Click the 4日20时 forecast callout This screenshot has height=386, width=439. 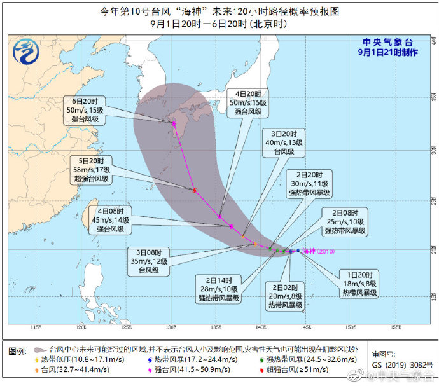coord(249,102)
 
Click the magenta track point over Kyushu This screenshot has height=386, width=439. coord(174,123)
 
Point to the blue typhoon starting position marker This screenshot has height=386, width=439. coord(298,251)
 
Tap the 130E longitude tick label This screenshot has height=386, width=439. coord(171,327)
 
